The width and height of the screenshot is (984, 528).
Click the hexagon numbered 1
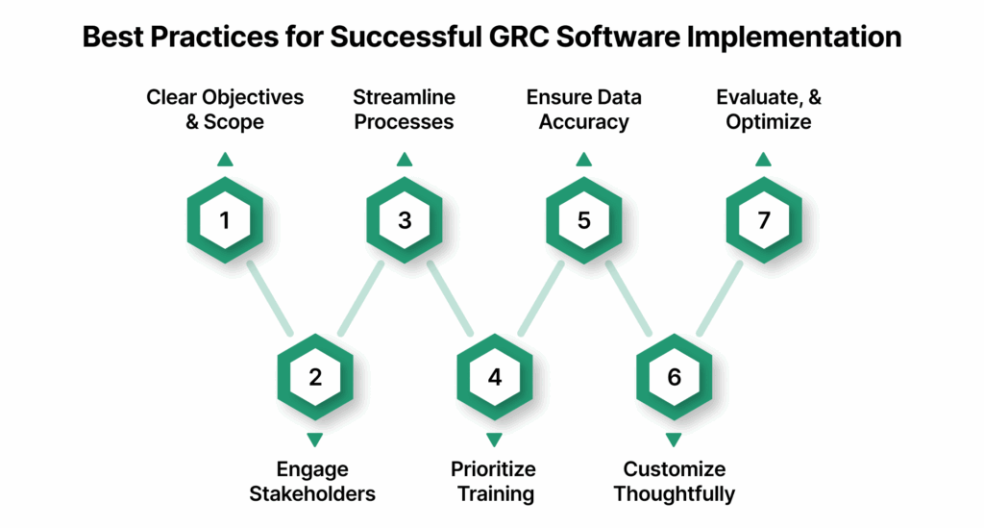point(224,220)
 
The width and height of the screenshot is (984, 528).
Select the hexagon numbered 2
point(314,377)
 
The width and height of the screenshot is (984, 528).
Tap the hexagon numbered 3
point(405,220)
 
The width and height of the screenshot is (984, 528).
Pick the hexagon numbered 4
point(494,377)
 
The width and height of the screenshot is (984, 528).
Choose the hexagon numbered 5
point(583,220)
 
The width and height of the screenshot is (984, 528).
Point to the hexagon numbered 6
point(674,377)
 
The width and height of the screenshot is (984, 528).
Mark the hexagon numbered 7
point(763,220)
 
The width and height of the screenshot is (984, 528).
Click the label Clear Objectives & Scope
point(224,110)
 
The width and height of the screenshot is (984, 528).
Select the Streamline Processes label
point(405,110)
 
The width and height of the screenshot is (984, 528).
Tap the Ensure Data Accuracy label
point(583,110)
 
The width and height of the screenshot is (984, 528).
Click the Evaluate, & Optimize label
point(763,110)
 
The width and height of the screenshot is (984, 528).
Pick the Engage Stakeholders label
point(313,482)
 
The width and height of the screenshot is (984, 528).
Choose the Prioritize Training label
point(494,482)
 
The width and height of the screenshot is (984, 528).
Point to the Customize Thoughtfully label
point(674,482)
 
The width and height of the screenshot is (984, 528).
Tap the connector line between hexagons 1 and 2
point(269,298)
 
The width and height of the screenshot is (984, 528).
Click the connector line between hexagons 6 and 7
point(719,298)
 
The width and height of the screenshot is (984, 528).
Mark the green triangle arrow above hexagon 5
point(583,160)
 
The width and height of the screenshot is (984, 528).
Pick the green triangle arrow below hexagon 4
point(494,439)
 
